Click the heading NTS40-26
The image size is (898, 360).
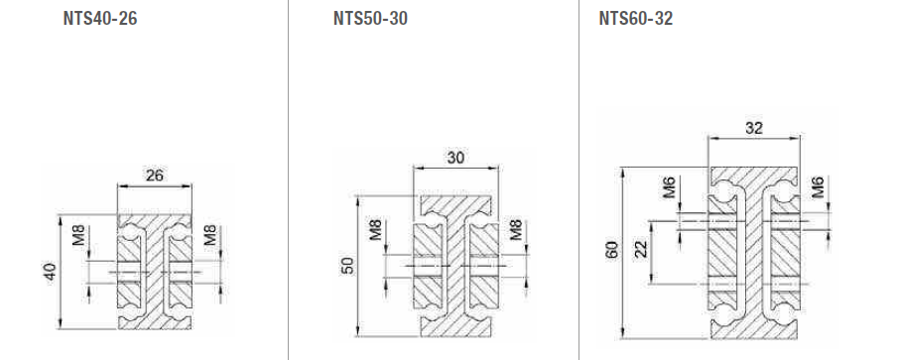pos(100,19)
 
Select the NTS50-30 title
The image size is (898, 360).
pos(370,19)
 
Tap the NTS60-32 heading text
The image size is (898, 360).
pos(636,19)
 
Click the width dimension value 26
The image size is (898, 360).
pos(154,176)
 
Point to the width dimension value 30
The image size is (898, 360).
pos(455,158)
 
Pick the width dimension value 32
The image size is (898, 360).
pos(754,128)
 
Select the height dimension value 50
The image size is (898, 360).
pos(347,266)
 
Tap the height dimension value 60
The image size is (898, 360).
pos(611,251)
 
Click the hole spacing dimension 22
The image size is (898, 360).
pos(641,249)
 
